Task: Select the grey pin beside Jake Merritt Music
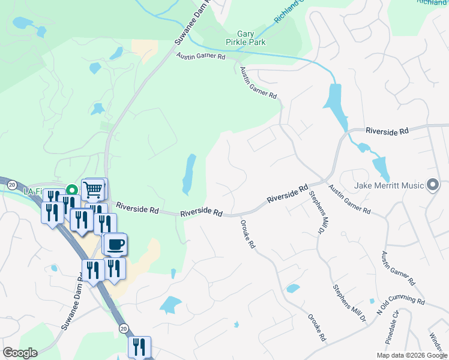432,185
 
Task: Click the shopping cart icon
93,190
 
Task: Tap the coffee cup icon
115,244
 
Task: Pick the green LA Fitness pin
71,190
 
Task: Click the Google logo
20,353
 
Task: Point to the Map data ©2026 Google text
412,355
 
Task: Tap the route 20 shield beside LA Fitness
11,186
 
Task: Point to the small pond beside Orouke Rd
293,289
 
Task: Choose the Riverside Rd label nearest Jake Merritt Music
387,130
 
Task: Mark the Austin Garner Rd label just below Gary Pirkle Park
200,56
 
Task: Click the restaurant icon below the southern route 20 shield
139,347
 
